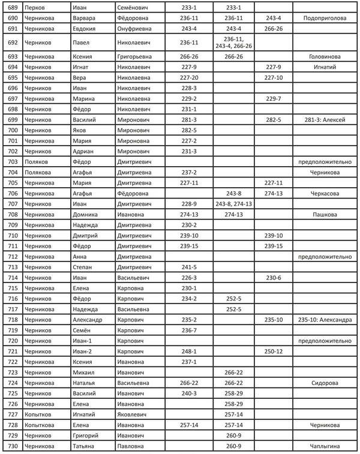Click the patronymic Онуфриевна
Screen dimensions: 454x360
coord(137,28)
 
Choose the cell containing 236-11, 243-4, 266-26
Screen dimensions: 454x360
coord(233,42)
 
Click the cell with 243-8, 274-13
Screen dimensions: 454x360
coord(233,205)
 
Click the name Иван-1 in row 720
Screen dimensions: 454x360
coord(82,341)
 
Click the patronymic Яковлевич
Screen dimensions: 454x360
coord(136,414)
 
